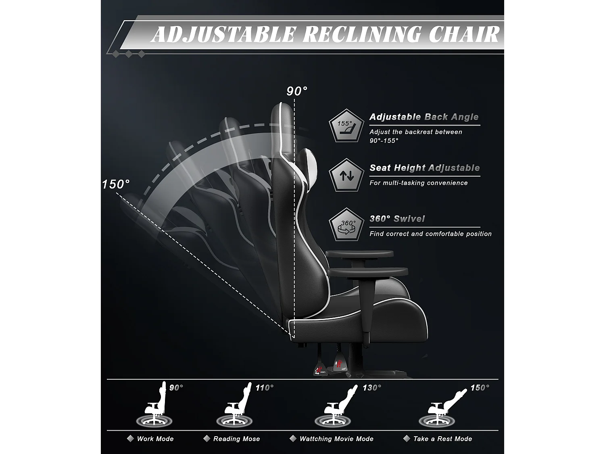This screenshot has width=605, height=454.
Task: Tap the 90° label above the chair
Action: (x=297, y=91)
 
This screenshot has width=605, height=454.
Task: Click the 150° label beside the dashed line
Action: (x=116, y=184)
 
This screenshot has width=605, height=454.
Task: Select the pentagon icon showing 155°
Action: (x=346, y=126)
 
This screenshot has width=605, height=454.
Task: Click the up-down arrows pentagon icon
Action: (x=346, y=176)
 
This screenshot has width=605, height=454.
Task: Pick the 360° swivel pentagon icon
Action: (x=346, y=226)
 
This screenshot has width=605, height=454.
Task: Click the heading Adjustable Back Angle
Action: (x=424, y=117)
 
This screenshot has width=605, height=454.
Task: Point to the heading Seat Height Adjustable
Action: (x=424, y=168)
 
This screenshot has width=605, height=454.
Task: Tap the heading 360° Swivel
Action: (x=397, y=219)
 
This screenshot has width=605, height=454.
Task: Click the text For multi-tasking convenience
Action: (x=418, y=183)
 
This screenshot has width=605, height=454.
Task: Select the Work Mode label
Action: (x=155, y=439)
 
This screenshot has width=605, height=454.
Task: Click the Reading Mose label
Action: (x=236, y=439)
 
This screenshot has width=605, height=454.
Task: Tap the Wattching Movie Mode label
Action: (x=336, y=439)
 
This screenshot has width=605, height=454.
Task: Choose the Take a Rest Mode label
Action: (x=442, y=439)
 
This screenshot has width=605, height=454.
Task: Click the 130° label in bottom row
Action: (x=371, y=388)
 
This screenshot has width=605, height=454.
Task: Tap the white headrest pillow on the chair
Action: (x=310, y=165)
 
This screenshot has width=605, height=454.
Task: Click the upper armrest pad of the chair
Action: (x=359, y=254)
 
